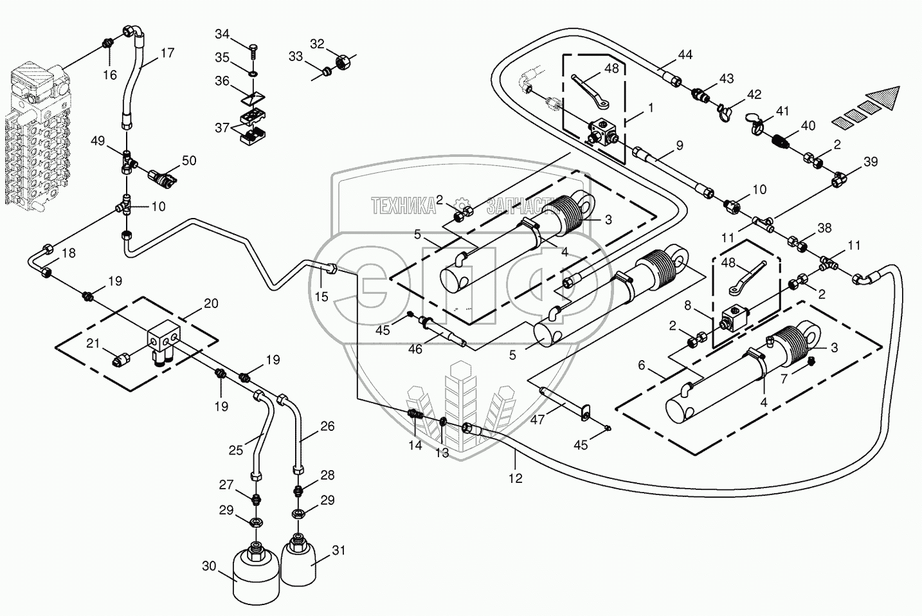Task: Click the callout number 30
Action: [x=209, y=566]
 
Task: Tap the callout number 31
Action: [x=338, y=552]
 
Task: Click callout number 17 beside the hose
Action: [x=167, y=53]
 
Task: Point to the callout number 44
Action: [x=685, y=55]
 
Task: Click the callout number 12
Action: [x=516, y=478]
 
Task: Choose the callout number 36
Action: [x=222, y=81]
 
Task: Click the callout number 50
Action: [x=189, y=161]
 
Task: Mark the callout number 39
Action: [x=871, y=161]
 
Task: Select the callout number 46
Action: [x=415, y=349]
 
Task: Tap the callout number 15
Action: [x=321, y=296]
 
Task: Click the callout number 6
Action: [x=642, y=365]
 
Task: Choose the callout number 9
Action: [x=679, y=146]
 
